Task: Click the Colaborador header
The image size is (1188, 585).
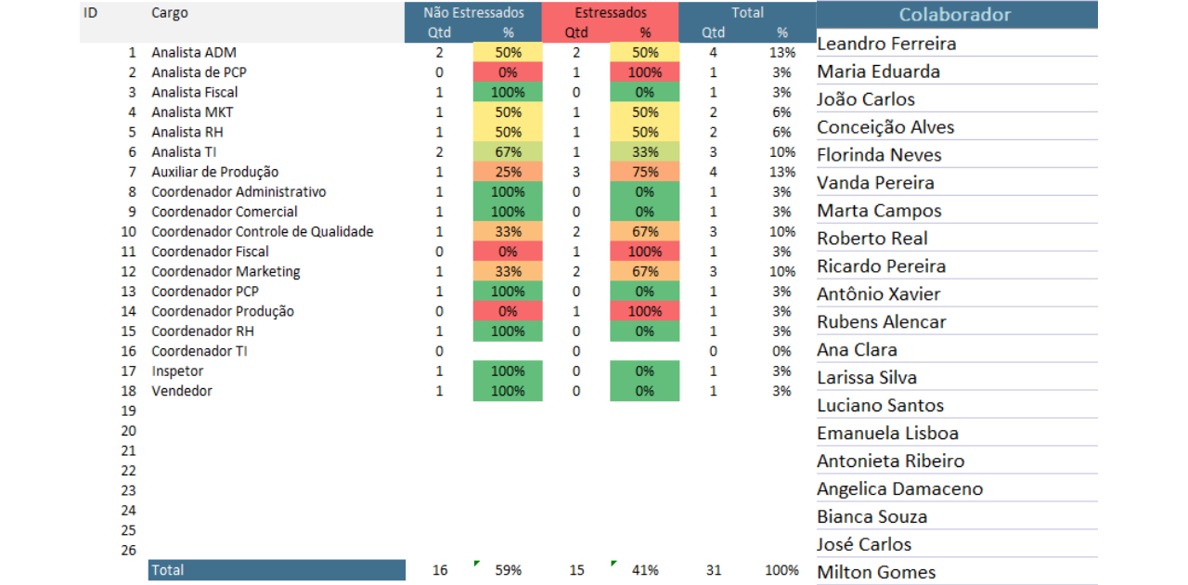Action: [x=955, y=15]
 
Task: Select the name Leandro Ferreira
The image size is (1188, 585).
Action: [x=886, y=44]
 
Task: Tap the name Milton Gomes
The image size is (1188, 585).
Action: [x=876, y=572]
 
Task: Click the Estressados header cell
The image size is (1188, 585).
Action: [x=611, y=13]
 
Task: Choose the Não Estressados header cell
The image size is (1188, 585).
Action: [x=473, y=13]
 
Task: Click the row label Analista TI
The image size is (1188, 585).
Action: [x=185, y=152]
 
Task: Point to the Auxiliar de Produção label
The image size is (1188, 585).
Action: [x=214, y=172]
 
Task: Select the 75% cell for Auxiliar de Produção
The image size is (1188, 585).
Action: [x=644, y=172]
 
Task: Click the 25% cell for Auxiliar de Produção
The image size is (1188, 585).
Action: [x=508, y=172]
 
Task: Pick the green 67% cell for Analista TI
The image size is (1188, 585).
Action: [x=508, y=152]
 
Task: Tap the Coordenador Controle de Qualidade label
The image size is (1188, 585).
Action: [x=262, y=232]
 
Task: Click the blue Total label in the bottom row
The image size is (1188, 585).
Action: [x=277, y=570]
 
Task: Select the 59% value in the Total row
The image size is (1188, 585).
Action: [x=508, y=570]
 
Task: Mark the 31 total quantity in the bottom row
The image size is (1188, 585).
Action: [x=713, y=570]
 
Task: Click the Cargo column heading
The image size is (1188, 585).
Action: [x=169, y=13]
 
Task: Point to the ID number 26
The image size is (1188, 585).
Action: [x=128, y=551]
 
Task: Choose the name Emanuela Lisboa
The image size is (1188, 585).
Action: [x=887, y=434]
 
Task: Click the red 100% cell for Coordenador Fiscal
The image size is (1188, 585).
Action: [x=644, y=252]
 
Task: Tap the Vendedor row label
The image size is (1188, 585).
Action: [x=182, y=392]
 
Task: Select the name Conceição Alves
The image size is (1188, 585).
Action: [x=885, y=127]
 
